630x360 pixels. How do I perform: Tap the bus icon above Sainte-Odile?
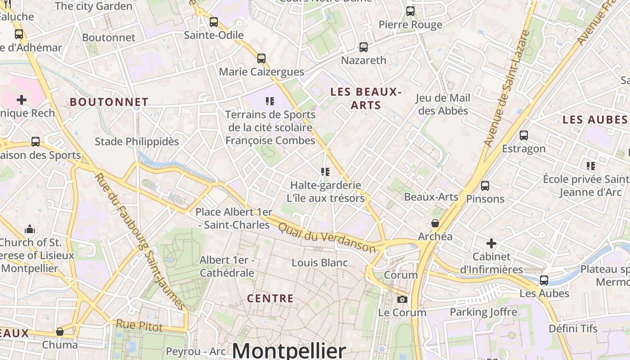point(214,22)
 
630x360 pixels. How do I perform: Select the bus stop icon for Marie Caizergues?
point(261,58)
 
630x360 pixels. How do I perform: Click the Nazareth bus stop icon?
point(364,47)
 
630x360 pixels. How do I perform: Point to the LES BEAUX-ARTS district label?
point(365,99)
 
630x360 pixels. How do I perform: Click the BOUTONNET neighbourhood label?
point(109,102)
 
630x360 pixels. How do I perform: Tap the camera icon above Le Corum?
point(402,299)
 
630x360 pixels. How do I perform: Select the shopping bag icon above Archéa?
point(435,223)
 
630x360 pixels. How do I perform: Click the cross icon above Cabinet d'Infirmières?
point(491,244)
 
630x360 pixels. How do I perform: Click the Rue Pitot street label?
point(139,325)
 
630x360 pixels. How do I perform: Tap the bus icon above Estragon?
point(523,135)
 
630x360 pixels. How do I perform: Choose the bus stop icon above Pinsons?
point(485,185)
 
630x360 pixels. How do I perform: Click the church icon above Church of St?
point(30,229)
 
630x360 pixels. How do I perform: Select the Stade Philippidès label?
point(137,142)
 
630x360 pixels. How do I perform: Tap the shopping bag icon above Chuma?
point(60,332)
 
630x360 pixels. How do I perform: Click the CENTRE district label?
point(270,298)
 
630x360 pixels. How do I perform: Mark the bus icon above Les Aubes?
point(544,280)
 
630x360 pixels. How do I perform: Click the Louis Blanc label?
point(319,263)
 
